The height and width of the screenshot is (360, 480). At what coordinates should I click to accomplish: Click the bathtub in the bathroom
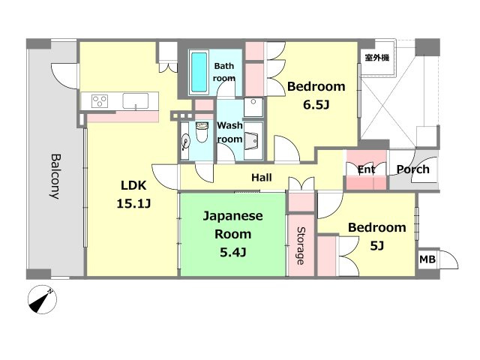199,72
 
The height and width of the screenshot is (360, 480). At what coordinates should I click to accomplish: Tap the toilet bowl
202,132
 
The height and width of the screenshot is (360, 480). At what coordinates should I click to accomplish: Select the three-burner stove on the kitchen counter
100,100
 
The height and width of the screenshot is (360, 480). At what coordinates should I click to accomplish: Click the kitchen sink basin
135,101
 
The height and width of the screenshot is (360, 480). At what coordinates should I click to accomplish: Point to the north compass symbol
42,299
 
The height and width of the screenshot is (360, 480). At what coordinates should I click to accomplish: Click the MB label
427,259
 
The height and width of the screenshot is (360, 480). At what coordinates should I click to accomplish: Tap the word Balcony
55,176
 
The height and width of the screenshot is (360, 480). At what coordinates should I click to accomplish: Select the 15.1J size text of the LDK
133,203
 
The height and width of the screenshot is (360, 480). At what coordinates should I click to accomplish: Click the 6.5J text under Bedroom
316,105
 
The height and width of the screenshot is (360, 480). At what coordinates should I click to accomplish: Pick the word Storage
301,245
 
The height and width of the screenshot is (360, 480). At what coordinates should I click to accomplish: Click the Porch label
412,169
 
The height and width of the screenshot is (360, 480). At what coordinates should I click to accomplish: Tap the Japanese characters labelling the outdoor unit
376,57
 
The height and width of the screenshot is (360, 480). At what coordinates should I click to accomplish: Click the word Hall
262,178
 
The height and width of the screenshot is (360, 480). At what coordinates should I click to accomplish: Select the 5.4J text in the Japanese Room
233,253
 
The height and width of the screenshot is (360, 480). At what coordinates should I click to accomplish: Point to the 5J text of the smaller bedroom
376,245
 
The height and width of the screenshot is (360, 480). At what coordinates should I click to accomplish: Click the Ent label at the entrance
366,169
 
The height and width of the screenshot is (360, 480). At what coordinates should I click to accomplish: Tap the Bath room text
224,72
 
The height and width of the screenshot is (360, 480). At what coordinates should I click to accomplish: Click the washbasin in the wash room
253,141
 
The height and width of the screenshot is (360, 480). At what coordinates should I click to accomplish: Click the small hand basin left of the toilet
185,142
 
